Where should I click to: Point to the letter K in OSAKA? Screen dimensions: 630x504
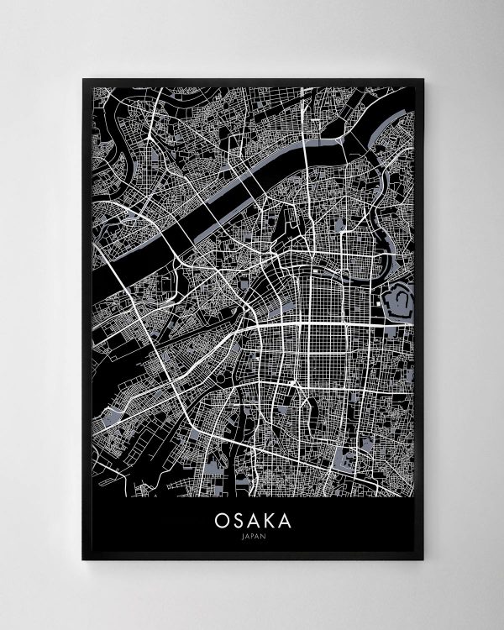[269, 521]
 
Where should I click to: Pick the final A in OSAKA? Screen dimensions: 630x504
[287, 521]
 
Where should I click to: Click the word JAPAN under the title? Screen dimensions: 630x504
[252, 538]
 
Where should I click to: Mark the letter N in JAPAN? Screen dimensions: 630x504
[261, 538]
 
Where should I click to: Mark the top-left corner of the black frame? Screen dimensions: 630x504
[82, 80]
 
